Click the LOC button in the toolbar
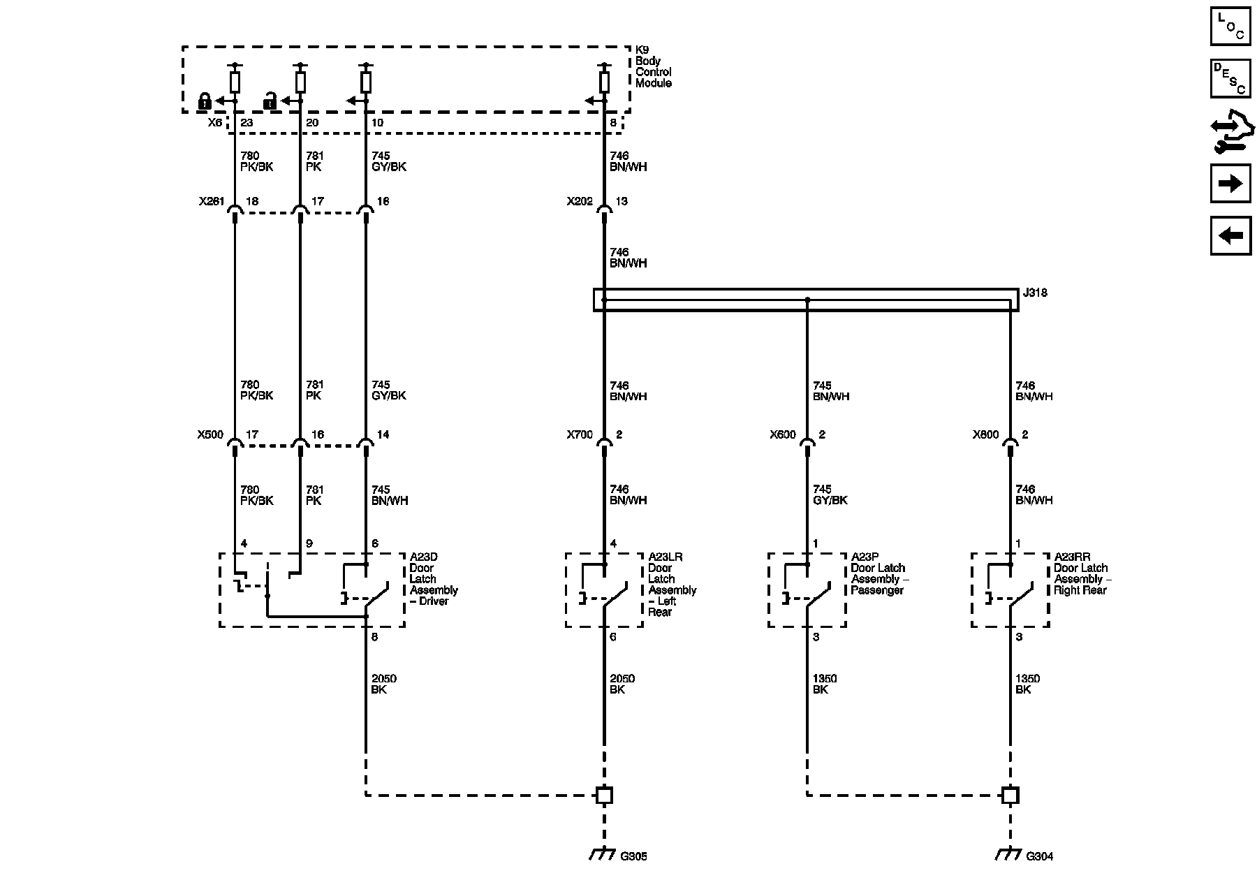[1230, 26]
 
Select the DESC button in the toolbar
[1230, 78]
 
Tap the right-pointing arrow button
[1230, 184]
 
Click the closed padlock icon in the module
[205, 101]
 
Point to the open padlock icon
[270, 101]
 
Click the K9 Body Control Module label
[654, 66]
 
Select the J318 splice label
[1035, 293]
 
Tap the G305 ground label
[633, 856]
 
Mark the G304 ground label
[1039, 856]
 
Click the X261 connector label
[212, 201]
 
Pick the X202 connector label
[580, 201]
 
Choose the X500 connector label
[210, 434]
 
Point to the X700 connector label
[580, 434]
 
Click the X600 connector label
[783, 434]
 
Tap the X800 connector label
[986, 434]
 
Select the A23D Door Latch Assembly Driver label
[434, 579]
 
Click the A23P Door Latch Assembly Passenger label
[880, 573]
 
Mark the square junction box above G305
[604, 795]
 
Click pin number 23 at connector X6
[247, 123]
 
